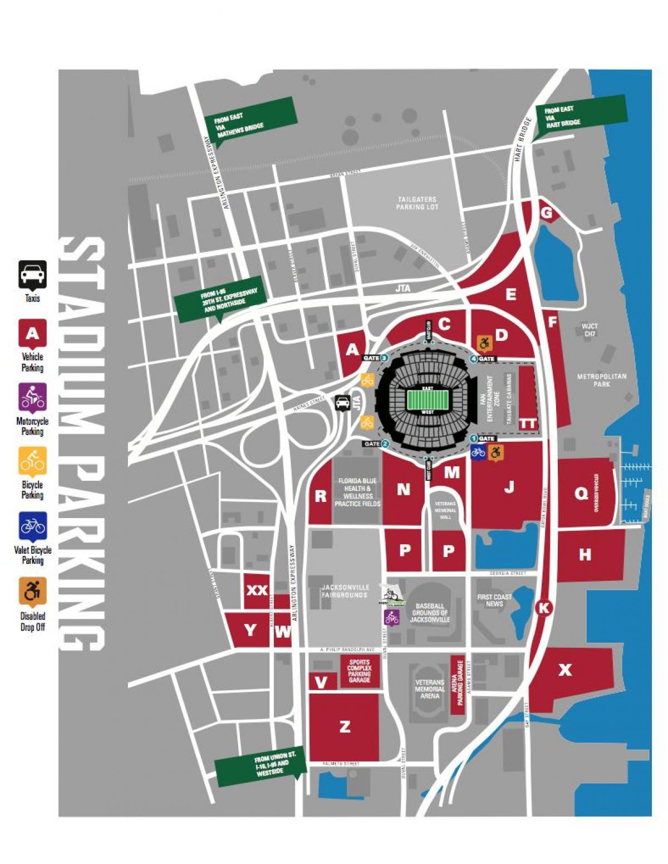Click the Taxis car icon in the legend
32,274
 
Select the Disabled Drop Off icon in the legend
32,590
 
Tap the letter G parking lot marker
547,212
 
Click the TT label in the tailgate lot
527,424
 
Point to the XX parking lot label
257,590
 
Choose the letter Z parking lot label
345,726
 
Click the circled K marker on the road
543,608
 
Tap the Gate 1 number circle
474,438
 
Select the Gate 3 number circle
384,358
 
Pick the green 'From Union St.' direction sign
261,765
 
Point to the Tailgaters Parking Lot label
417,203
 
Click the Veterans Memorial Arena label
429,689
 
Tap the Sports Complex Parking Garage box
359,671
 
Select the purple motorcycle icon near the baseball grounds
391,617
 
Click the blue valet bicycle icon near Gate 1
478,452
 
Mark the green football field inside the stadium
428,400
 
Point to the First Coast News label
494,600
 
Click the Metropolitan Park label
601,380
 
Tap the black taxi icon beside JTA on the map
342,402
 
